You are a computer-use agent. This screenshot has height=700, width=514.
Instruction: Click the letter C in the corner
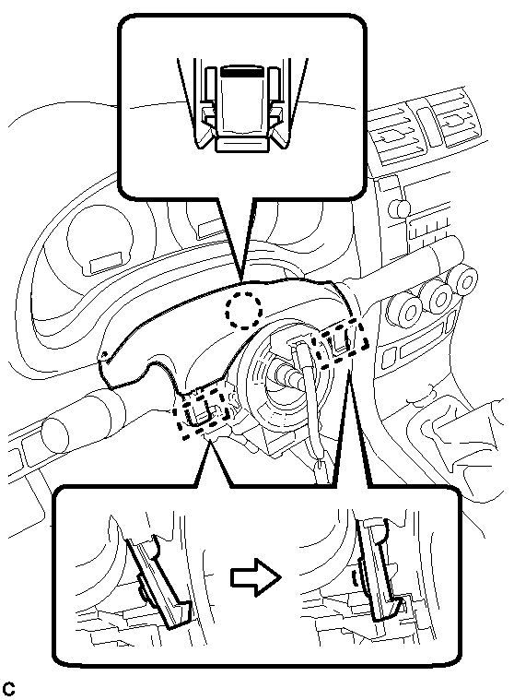(x=8, y=688)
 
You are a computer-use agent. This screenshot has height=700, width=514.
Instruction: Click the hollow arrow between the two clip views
(x=256, y=577)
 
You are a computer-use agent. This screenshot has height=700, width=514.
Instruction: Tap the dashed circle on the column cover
(x=243, y=310)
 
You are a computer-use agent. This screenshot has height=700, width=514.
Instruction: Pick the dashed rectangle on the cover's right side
(x=342, y=342)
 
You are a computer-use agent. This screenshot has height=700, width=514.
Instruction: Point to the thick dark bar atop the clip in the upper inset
(x=243, y=71)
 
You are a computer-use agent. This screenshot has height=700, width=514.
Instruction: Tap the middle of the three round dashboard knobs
(x=438, y=297)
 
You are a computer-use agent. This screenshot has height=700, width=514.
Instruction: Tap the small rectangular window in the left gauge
(x=107, y=262)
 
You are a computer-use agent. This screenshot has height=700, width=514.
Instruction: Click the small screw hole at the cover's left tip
(x=105, y=353)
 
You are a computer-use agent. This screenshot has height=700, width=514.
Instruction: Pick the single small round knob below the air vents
(x=399, y=208)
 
